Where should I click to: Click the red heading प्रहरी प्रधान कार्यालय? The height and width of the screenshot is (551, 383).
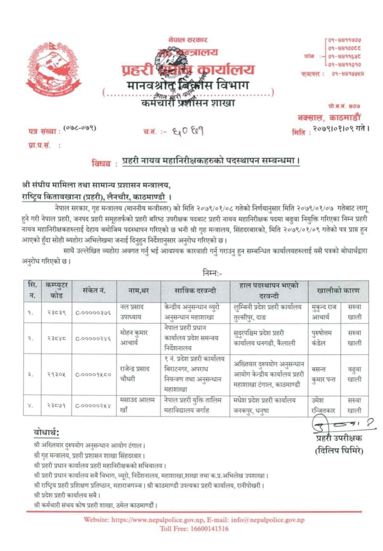coord(188,69)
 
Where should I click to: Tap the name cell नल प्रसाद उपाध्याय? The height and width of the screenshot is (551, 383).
coord(132,312)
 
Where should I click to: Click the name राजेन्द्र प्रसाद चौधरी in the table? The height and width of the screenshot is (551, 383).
coord(135,374)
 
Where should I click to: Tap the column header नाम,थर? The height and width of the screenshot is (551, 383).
coord(139,291)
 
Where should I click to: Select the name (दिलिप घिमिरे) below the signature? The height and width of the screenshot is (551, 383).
coord(339,451)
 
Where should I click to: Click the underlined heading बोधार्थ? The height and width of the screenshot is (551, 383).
coord(46,433)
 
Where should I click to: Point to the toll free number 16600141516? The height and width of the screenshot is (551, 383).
coord(208,528)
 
